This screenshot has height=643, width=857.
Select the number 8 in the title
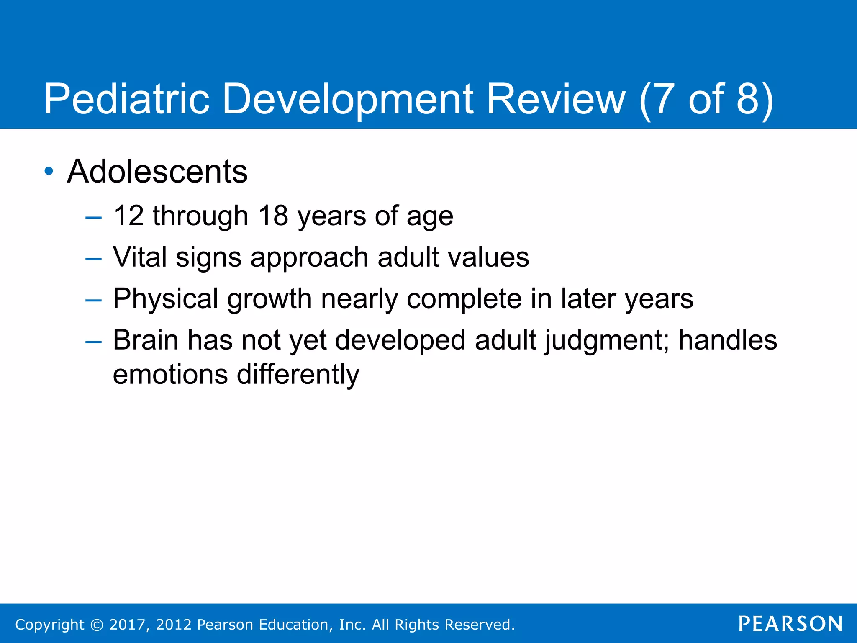coord(747,99)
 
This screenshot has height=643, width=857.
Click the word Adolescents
coord(157,172)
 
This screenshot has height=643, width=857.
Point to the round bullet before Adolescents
coord(49,171)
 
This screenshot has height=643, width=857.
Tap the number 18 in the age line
coord(273,216)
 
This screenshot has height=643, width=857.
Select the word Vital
coord(140,257)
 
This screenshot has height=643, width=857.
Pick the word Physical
coord(166,299)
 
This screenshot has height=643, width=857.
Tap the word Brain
coord(146,340)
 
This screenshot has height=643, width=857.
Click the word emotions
coord(170,374)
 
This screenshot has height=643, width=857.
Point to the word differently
coord(298,374)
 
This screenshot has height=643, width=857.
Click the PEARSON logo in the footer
coord(790,624)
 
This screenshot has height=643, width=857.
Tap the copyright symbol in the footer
coord(97,625)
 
